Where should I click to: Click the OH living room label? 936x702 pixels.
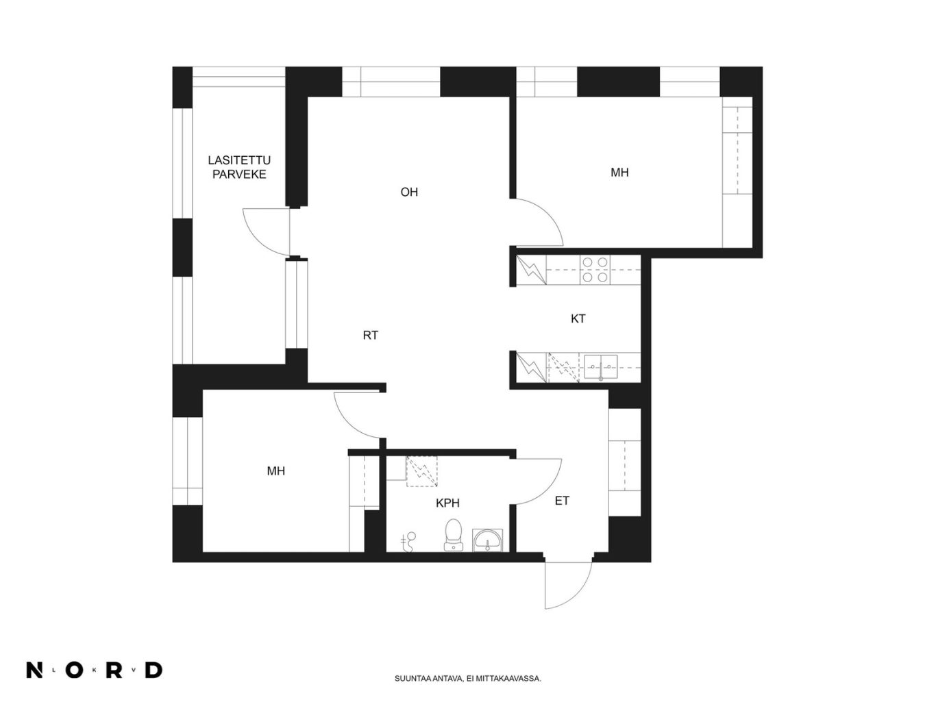tap(408, 192)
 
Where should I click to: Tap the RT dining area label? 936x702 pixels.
tap(370, 335)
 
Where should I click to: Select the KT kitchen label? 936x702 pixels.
tap(578, 318)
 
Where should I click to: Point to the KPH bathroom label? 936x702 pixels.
tap(447, 503)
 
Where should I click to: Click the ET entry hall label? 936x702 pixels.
tap(562, 501)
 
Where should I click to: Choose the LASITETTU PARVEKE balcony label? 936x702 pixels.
tap(239, 167)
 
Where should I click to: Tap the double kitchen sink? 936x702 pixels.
tap(600, 367)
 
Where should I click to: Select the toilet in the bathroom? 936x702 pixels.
tap(452, 535)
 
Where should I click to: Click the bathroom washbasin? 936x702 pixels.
tap(487, 540)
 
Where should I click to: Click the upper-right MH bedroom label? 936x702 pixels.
tap(619, 172)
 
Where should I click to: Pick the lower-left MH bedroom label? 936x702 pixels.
tap(275, 471)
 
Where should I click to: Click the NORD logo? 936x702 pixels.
tap(95, 670)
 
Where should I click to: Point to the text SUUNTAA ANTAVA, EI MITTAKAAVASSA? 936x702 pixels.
tap(467, 678)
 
